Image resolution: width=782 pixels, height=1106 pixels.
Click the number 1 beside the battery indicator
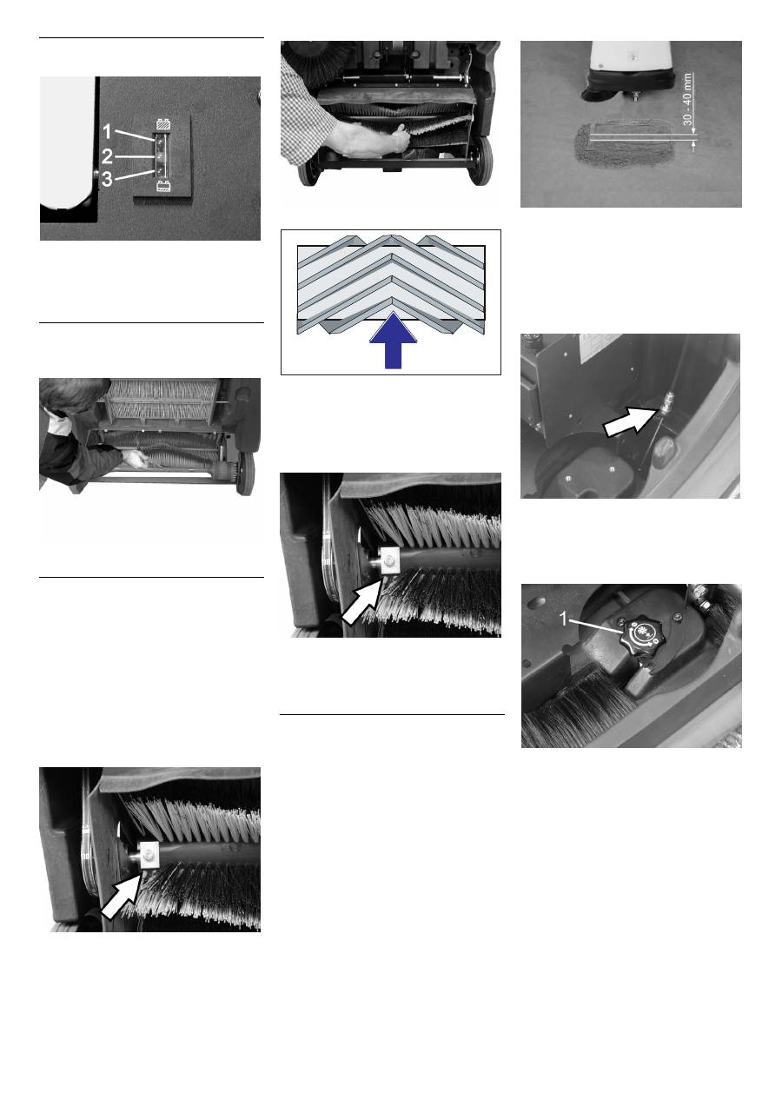107,132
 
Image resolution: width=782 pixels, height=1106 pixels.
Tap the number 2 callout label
107,156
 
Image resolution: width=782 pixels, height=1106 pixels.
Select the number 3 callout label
107,179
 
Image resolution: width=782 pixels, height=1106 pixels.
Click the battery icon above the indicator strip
162,124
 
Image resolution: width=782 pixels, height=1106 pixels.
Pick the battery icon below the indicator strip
162,187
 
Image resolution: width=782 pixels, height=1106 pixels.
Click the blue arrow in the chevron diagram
393,340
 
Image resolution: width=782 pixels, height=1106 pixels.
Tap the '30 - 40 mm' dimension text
688,100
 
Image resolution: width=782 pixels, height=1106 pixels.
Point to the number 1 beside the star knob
564,619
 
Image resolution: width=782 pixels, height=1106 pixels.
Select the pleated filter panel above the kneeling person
163,401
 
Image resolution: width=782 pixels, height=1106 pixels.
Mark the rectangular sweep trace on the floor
626,143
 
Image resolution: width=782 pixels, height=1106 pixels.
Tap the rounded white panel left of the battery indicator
68,143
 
